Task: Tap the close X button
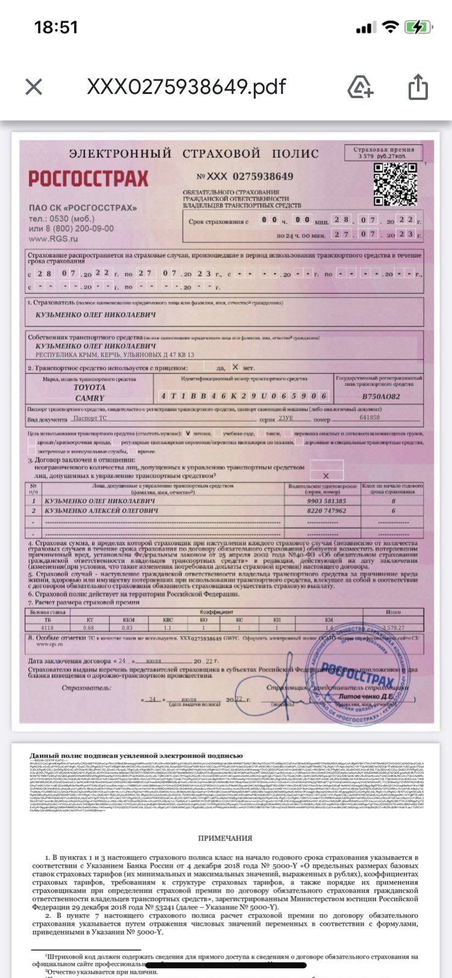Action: pos(34,87)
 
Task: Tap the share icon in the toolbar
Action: pos(418,87)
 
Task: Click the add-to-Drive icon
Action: pos(360,87)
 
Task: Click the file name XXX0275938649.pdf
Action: pos(186,87)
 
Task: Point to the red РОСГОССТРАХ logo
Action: pos(88,178)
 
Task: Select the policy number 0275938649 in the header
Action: pos(263,176)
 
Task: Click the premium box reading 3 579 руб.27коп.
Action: pos(383,152)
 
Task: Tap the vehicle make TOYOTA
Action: pos(89,388)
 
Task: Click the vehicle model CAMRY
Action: pos(90,398)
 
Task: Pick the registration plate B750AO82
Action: pos(380,397)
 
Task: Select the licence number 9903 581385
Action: pos(327,500)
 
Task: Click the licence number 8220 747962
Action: pos(327,511)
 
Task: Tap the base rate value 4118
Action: pos(48,628)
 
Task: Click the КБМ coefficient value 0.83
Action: pos(127,628)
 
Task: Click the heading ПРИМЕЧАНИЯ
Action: pos(225,838)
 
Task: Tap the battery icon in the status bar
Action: pos(418,27)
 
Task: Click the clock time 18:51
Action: pos(56,27)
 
